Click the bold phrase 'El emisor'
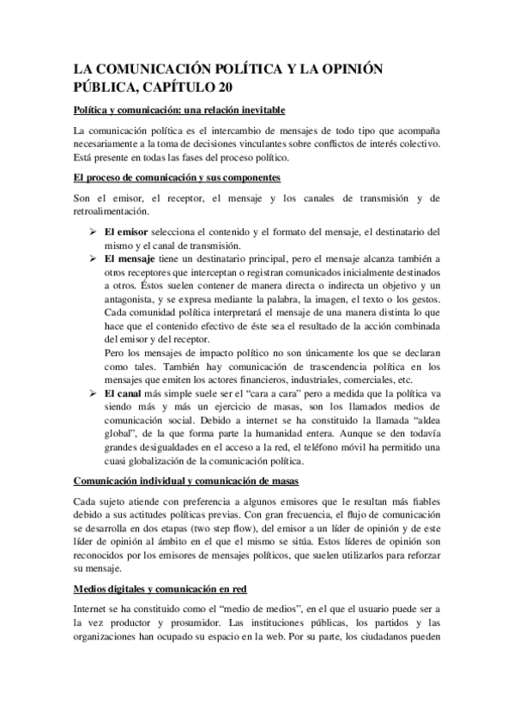pyautogui.click(x=126, y=232)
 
